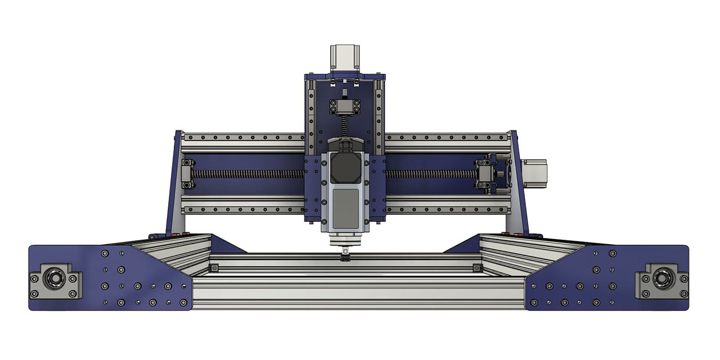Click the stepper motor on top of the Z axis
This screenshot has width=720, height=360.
(345, 58)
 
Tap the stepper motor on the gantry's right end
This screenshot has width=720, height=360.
(533, 173)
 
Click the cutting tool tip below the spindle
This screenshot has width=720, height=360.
(345, 258)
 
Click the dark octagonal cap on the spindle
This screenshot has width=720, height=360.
(345, 166)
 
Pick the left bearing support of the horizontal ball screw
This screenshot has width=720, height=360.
(187, 174)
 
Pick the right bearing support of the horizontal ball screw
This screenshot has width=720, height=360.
(484, 174)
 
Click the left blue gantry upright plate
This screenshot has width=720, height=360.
(173, 186)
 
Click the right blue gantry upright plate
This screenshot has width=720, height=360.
(519, 186)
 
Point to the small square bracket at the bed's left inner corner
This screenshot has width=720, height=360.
(214, 268)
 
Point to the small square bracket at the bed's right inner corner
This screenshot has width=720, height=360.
(478, 267)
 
